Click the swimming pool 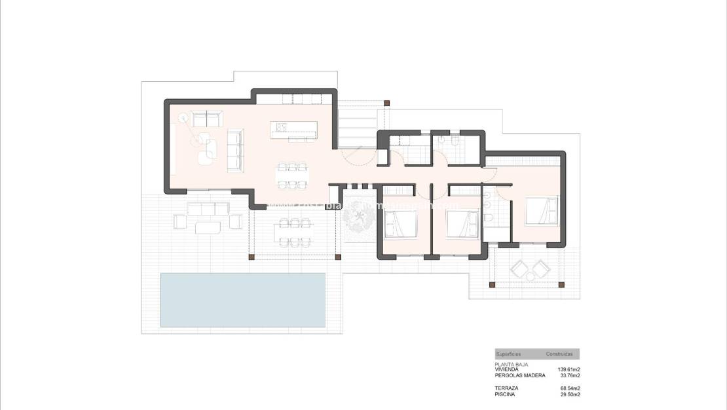pyautogui.click(x=243, y=300)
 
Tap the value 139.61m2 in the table pyautogui.click(x=569, y=369)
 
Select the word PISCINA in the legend pyautogui.click(x=506, y=395)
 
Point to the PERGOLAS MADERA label pyautogui.click(x=520, y=375)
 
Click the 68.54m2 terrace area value pyautogui.click(x=569, y=389)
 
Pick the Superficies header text pyautogui.click(x=509, y=354)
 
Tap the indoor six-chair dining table pyautogui.click(x=292, y=175)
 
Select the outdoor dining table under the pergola pyautogui.click(x=293, y=232)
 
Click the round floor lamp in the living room pyautogui.click(x=183, y=118)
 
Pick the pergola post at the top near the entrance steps pyautogui.click(x=386, y=103)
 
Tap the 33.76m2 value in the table pyautogui.click(x=569, y=375)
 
